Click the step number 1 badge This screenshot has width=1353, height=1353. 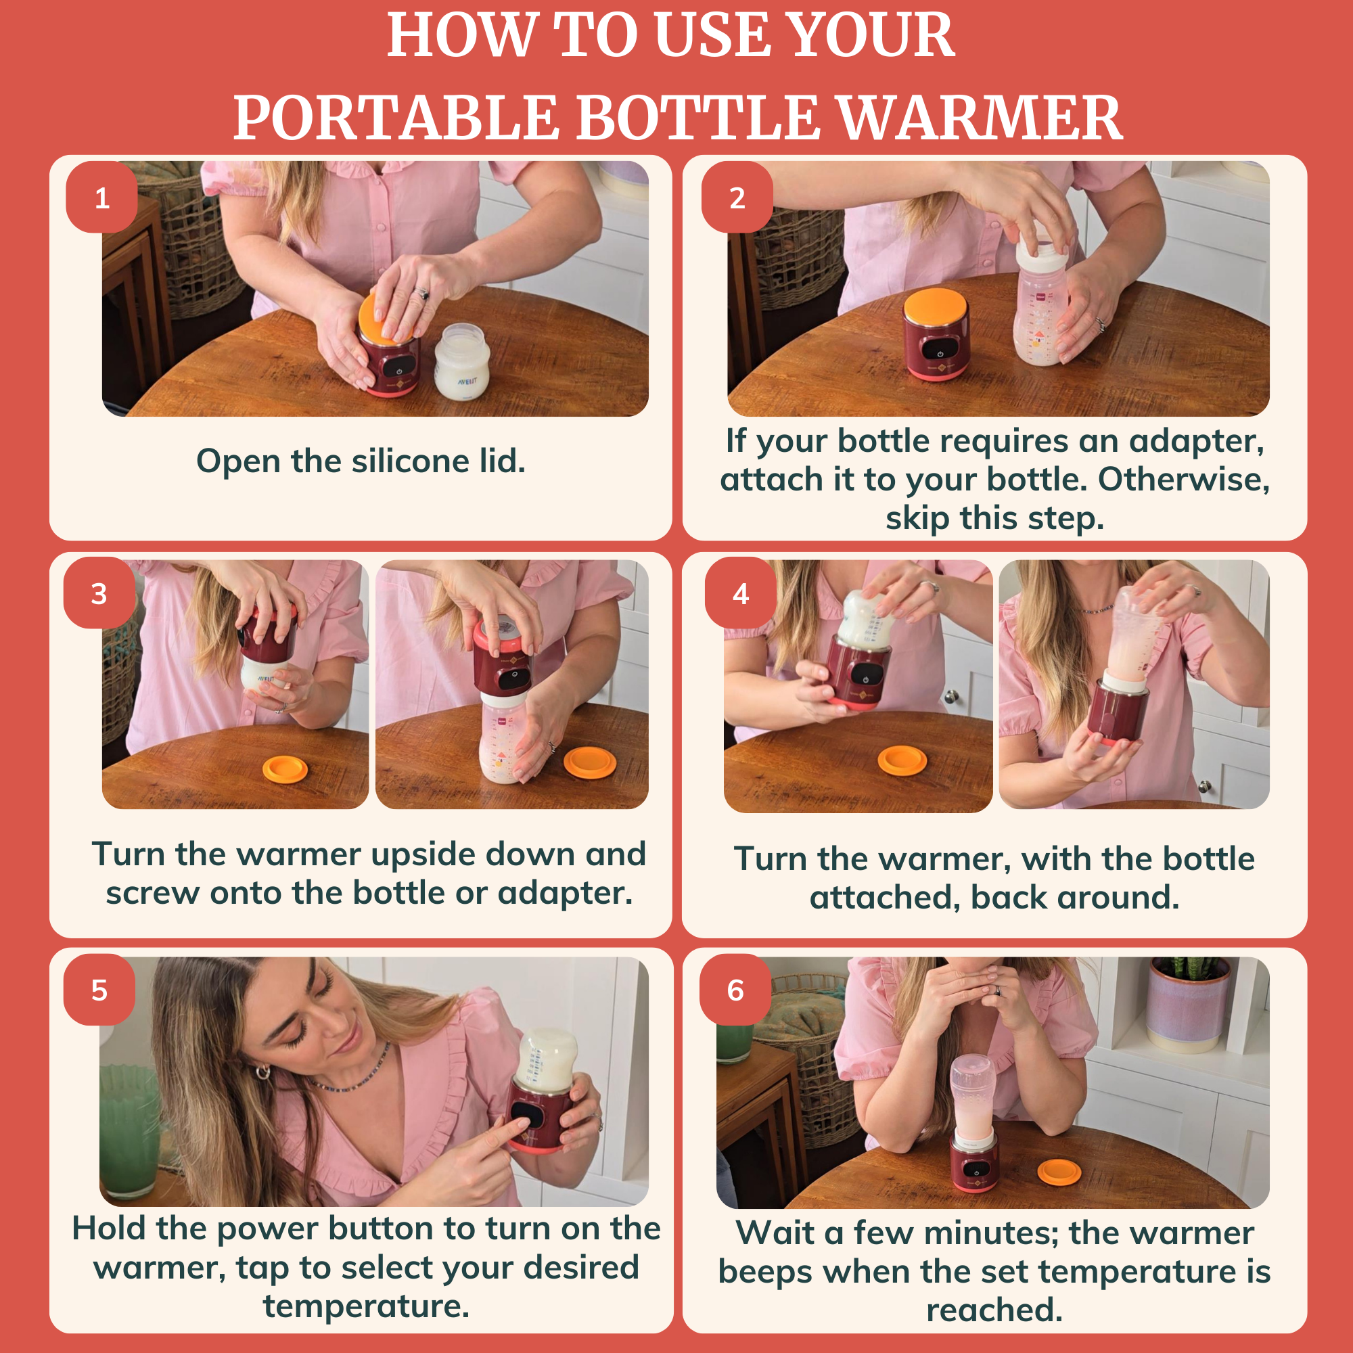101,198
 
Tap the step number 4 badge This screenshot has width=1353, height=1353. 740,594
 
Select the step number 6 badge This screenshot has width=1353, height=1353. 735,990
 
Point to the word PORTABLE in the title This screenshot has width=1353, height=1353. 396,118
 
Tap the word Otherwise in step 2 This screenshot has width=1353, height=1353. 1183,480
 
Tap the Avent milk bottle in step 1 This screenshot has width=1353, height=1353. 461,362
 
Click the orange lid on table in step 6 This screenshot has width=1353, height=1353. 1059,1172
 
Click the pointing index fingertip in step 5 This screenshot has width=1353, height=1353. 520,1122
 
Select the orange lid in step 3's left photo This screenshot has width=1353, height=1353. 285,771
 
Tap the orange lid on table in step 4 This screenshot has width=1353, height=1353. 902,760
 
